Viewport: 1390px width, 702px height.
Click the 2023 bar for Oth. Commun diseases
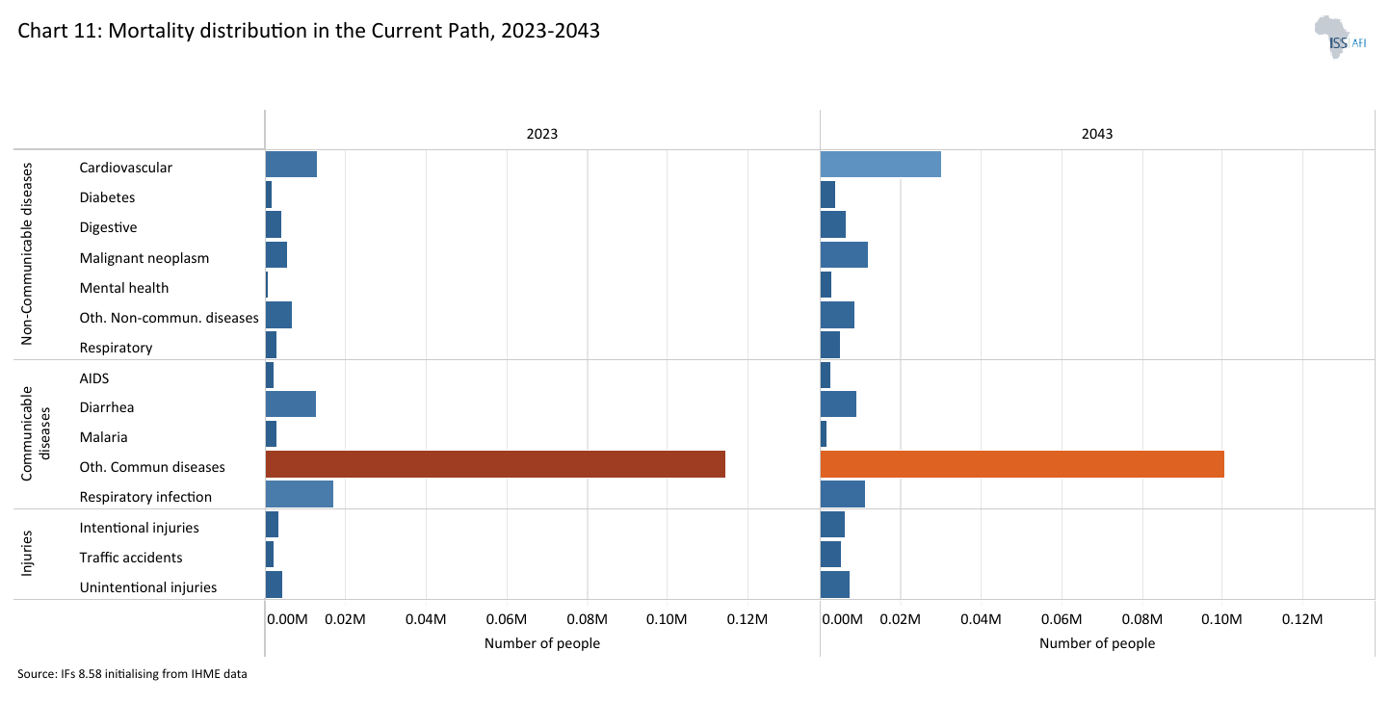coord(495,464)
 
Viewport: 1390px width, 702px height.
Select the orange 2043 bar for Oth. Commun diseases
coord(1021,464)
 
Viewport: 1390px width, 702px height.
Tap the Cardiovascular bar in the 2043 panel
coord(879,165)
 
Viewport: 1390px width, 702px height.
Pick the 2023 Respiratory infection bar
coord(299,494)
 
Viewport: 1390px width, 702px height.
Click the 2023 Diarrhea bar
coord(290,404)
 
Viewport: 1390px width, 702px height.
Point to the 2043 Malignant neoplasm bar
coord(843,255)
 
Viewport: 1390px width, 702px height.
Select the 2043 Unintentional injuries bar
coord(834,585)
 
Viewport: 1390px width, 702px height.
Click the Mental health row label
coord(124,287)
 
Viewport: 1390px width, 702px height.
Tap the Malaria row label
coord(103,436)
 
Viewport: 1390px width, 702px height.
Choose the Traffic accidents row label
coord(131,557)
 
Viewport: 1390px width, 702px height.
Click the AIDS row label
coord(94,377)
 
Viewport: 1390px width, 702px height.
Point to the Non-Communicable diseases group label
coord(27,253)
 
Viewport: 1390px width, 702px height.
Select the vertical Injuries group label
coord(27,554)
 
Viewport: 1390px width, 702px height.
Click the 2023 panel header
coord(541,134)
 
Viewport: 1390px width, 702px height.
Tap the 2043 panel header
coord(1096,134)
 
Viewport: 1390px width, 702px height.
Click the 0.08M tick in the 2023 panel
coord(587,618)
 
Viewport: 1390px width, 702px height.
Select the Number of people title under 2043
coord(1096,643)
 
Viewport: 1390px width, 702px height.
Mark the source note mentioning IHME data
coord(132,674)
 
